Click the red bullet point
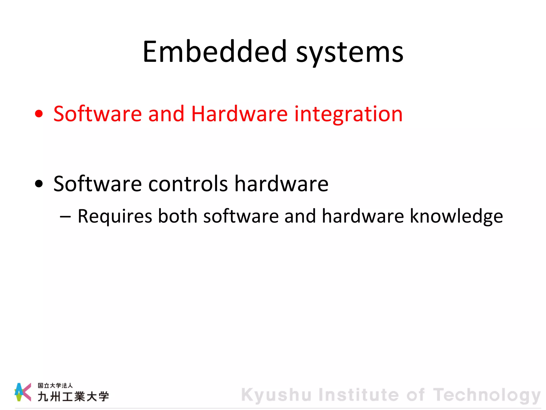tap(39, 114)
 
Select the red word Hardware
tap(239, 114)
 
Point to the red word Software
tap(98, 114)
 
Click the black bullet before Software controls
tap(39, 184)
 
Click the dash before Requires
tap(66, 216)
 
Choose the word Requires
tap(115, 216)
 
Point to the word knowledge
tap(456, 217)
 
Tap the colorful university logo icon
tap(23, 392)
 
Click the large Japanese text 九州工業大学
tap(73, 396)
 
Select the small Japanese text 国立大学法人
tap(55, 385)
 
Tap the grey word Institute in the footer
tap(359, 395)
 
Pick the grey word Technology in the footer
tap(487, 395)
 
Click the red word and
tap(166, 114)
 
